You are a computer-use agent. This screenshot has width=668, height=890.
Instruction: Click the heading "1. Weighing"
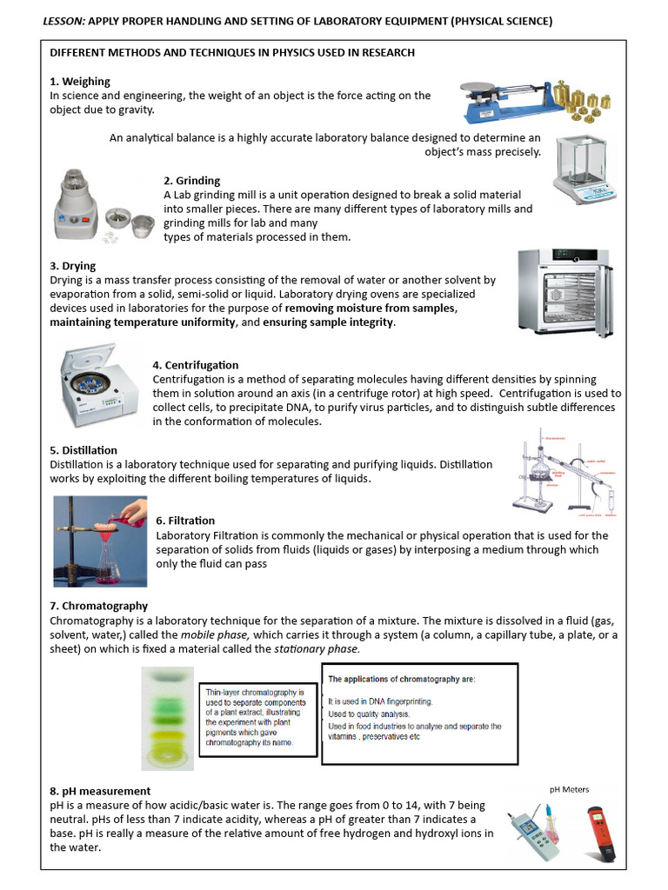80,82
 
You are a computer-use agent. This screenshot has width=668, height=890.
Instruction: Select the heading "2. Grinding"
191,181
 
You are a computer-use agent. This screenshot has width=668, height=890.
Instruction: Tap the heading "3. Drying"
73,266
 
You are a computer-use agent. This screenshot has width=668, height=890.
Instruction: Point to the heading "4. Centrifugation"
195,365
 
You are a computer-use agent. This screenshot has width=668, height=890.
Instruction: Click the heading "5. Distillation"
83,450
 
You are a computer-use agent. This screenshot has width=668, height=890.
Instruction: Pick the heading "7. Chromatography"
98,606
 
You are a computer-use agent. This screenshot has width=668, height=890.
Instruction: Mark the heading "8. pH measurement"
100,791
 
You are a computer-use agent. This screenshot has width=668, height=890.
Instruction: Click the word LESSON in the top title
63,21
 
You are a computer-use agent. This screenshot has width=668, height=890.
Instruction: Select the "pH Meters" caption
569,789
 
